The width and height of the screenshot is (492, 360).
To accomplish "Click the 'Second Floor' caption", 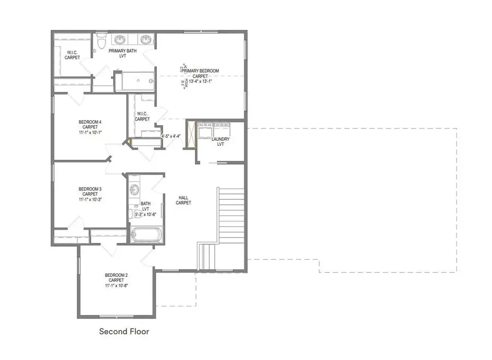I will (124, 332).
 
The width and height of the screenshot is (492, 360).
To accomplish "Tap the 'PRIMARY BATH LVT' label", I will (122, 54).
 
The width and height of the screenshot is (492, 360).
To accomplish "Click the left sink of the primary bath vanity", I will (120, 40).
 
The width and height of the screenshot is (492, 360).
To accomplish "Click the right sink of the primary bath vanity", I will (146, 40).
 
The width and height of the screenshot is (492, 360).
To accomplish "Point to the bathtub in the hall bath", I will (147, 235).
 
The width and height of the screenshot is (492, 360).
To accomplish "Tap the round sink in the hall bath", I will (134, 190).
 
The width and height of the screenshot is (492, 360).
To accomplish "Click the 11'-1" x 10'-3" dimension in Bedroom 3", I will (90, 200).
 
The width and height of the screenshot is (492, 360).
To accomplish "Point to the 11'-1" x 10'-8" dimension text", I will (116, 286).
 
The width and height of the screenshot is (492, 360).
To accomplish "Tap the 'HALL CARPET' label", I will (183, 200).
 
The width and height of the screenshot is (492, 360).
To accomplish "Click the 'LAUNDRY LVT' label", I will (221, 142).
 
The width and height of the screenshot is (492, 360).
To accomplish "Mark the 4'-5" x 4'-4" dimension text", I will (171, 136).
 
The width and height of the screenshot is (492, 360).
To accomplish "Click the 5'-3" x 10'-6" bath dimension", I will (145, 214).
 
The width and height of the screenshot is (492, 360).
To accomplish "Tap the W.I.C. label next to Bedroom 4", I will (142, 116).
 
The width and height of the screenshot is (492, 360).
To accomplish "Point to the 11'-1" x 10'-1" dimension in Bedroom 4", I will (90, 132).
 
